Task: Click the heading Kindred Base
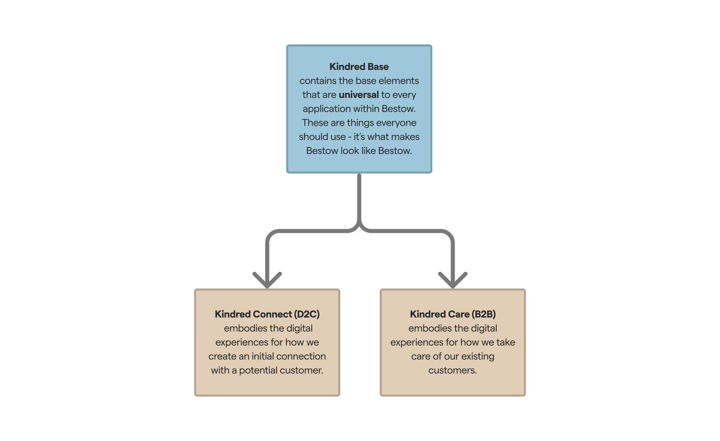(x=359, y=66)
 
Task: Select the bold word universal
(x=359, y=95)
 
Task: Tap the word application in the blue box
(x=326, y=109)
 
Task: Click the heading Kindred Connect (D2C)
(x=267, y=314)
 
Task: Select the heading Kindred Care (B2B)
(x=453, y=314)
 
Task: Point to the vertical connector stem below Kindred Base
(x=359, y=199)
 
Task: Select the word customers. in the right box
(x=452, y=370)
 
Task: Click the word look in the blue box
(x=349, y=151)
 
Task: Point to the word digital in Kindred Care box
(x=484, y=328)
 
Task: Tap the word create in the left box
(x=222, y=356)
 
